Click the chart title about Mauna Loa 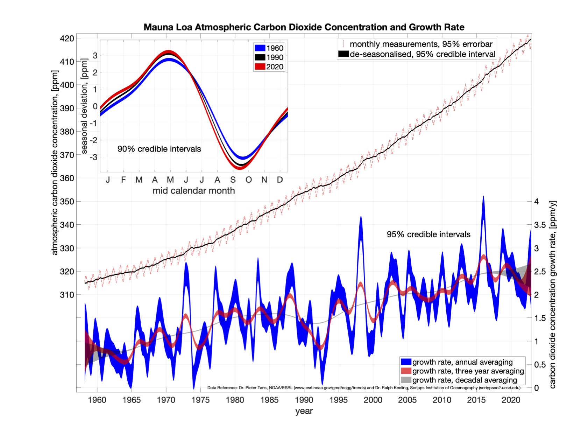[x=304, y=27]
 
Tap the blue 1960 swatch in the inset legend [x=260, y=48]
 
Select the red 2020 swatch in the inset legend [x=260, y=67]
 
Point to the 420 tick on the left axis [x=67, y=38]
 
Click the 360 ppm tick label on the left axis [x=67, y=178]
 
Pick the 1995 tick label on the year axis [x=338, y=400]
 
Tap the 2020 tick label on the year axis [x=511, y=400]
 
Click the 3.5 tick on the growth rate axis [x=539, y=225]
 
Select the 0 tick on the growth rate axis [x=536, y=388]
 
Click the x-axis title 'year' [x=304, y=411]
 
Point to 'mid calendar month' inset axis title [x=193, y=191]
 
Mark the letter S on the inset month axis [x=233, y=180]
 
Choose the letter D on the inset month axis [x=280, y=180]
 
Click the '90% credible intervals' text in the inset [x=159, y=149]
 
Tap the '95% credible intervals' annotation [x=428, y=234]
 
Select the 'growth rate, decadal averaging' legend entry [x=465, y=380]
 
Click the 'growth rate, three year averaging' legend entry [x=468, y=371]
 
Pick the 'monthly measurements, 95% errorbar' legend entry [x=421, y=44]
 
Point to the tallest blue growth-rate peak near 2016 [x=483, y=197]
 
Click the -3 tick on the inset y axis [x=94, y=157]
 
